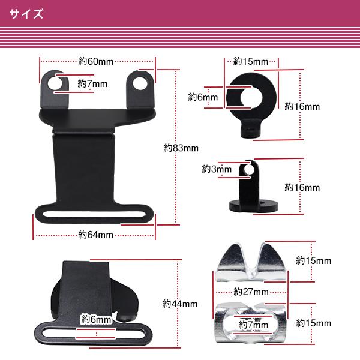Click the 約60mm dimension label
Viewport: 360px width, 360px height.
click(x=96, y=61)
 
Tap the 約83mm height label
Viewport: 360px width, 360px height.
click(x=181, y=147)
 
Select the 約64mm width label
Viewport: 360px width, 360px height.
click(x=96, y=235)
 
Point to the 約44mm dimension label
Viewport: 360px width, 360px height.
click(x=181, y=304)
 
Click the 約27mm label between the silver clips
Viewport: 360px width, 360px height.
click(x=251, y=292)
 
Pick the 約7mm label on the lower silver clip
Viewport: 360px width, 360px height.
click(x=252, y=325)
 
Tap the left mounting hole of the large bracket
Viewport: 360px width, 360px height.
click(x=55, y=82)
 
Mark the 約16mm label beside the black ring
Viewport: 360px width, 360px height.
click(x=302, y=106)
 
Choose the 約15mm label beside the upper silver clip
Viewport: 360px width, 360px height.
click(x=313, y=261)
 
